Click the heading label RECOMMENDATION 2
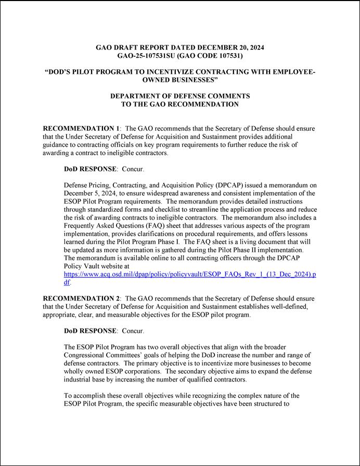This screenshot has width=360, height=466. point(81,298)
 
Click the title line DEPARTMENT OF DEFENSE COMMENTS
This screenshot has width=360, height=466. point(179,96)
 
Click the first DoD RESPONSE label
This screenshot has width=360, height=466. point(90,169)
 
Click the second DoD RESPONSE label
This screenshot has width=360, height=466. point(90,331)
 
